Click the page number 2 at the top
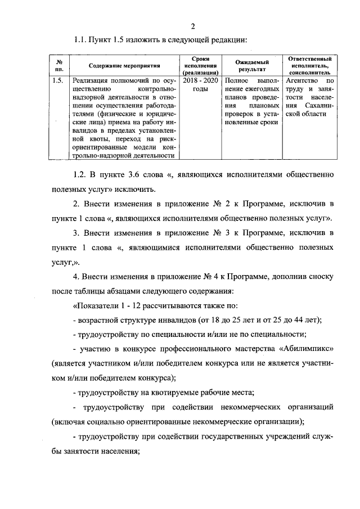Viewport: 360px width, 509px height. pos(192,26)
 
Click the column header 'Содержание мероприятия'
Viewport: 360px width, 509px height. pos(120,66)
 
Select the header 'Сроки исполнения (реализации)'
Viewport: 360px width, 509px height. pos(200,66)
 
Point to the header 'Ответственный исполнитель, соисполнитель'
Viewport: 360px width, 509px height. pos(309,66)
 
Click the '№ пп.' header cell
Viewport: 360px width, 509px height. pos(58,66)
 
